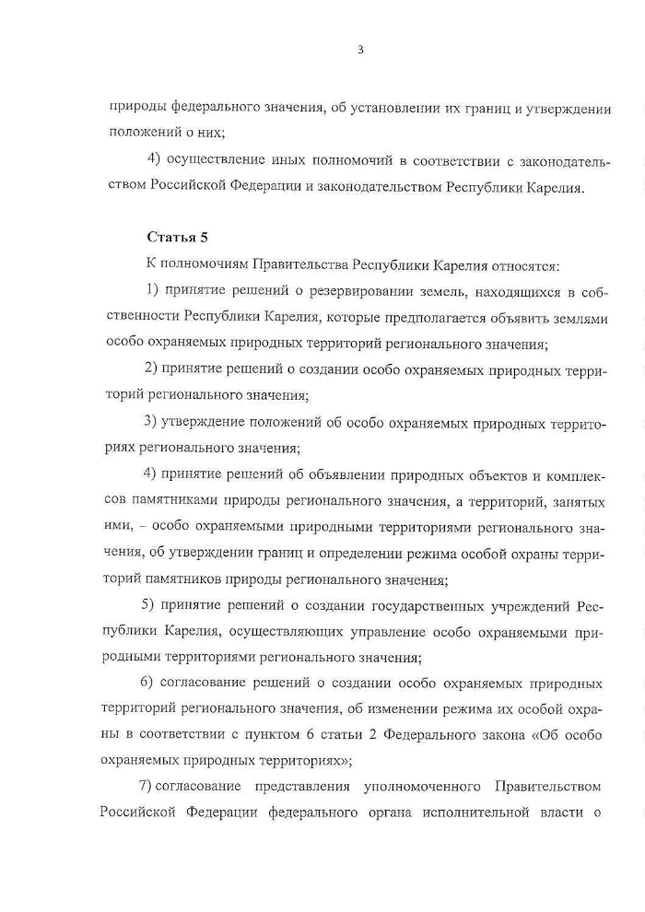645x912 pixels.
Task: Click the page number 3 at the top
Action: (360, 50)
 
